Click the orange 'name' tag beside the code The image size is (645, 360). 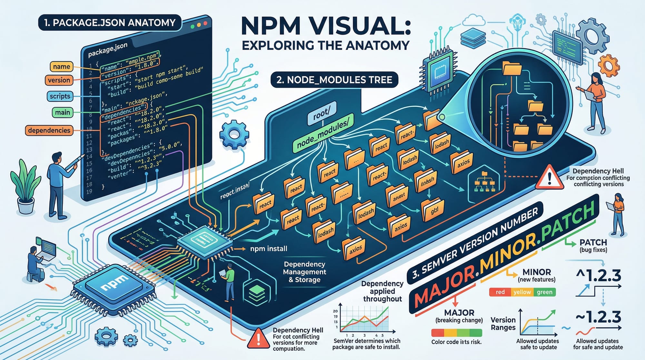61,67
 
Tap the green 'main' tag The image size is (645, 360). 62,113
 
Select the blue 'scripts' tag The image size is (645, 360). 60,96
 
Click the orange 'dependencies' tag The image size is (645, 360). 49,130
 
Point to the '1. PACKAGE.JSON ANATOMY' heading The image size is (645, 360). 110,23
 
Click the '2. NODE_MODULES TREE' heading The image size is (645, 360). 334,80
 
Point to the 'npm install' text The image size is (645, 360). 269,249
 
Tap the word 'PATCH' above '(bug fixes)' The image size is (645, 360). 593,242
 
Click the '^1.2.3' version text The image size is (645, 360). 599,276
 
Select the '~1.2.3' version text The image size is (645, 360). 599,317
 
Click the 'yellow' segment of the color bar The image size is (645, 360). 522,292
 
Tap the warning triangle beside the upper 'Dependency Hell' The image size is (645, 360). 549,178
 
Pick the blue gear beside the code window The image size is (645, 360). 234,134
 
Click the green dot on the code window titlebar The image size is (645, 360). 193,26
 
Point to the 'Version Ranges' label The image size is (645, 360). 503,324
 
